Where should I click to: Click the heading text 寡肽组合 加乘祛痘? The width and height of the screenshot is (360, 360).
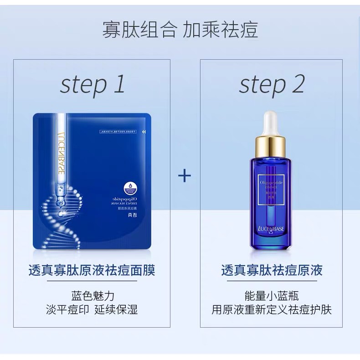[180, 31]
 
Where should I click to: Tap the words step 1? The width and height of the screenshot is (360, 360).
[93, 84]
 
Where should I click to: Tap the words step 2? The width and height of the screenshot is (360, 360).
[272, 84]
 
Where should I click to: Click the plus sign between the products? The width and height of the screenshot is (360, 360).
[185, 176]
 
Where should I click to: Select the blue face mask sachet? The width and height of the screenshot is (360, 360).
[92, 182]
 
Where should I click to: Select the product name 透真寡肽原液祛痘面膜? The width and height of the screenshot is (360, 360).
[92, 270]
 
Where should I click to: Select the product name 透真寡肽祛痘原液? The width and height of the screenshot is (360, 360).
[272, 270]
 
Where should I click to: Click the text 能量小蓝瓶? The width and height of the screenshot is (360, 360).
[272, 295]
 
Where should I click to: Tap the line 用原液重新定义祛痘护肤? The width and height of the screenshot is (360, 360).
[272, 310]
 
